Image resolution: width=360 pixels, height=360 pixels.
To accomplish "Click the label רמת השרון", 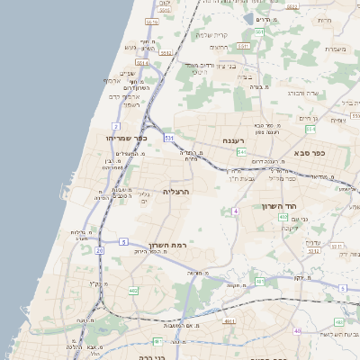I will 167,245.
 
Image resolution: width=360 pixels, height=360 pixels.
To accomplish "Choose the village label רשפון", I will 130,104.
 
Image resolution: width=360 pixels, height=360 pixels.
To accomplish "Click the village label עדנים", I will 312,241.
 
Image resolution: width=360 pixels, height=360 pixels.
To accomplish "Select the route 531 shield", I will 170,137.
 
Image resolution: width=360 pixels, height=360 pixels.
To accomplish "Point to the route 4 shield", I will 235,210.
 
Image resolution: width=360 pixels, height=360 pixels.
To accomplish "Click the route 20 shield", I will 99,251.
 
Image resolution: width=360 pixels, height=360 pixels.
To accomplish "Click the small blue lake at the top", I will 249,17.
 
